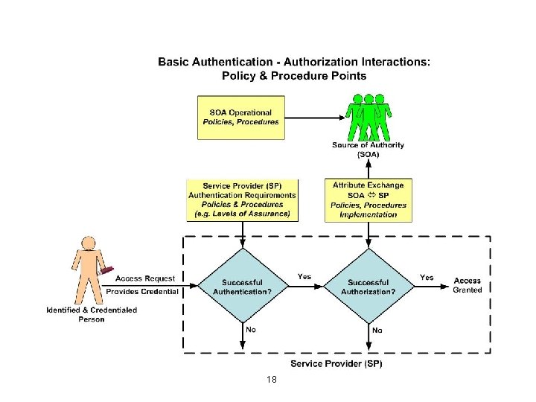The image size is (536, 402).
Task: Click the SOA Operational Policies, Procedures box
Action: tap(240, 117)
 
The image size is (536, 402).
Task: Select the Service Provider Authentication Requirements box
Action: tap(241, 200)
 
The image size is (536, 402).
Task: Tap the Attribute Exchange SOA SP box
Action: tap(368, 200)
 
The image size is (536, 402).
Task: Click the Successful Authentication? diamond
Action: tap(241, 287)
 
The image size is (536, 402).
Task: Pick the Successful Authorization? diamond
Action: tap(368, 287)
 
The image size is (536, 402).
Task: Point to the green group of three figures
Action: tap(368, 116)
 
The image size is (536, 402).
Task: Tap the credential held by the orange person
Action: tap(105, 271)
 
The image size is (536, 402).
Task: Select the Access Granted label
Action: tap(468, 285)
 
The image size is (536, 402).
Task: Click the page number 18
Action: tap(272, 380)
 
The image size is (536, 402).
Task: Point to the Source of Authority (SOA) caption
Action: tap(368, 150)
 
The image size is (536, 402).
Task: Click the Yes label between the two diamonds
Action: tap(304, 276)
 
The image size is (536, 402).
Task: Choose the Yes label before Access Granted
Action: tap(427, 277)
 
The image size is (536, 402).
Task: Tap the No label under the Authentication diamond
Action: tap(252, 329)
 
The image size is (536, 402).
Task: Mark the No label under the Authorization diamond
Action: tap(377, 329)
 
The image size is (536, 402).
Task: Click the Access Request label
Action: tap(146, 279)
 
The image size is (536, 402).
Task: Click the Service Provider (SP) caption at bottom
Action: tap(336, 363)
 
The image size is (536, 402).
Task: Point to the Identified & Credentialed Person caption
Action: tap(92, 314)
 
